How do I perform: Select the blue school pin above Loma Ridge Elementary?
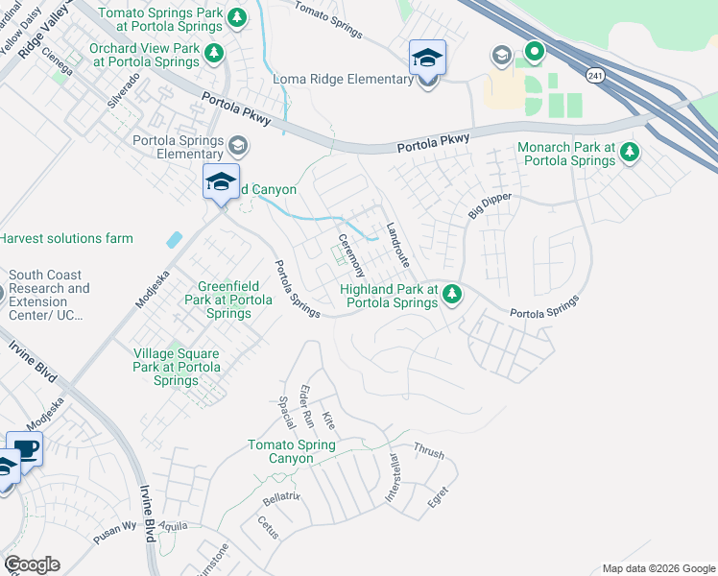coord(427,58)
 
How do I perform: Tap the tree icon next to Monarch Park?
coord(630,152)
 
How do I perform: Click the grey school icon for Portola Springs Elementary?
coord(237,146)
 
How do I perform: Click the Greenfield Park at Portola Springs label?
coord(228,299)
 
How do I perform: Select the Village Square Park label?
coord(176,367)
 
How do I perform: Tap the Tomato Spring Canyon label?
coord(292,451)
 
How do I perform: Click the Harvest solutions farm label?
coord(66,238)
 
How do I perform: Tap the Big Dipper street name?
coord(490,206)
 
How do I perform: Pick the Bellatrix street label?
coord(282,499)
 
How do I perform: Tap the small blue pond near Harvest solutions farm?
coord(174,239)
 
